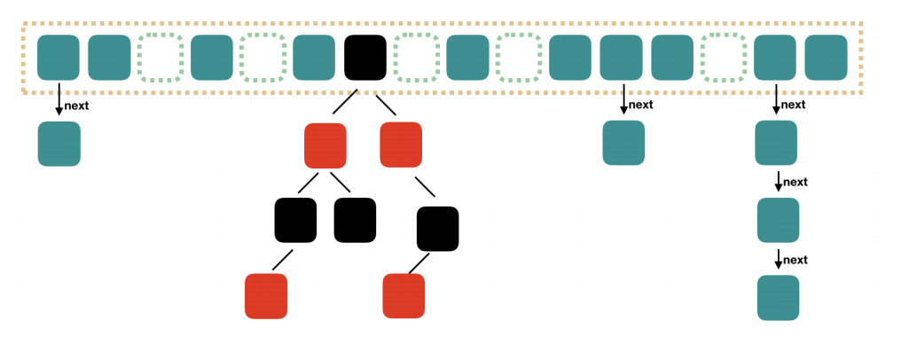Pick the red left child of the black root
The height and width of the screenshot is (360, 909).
point(325,145)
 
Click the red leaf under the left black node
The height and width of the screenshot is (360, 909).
point(266,296)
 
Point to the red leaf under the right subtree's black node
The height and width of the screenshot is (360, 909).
point(404,296)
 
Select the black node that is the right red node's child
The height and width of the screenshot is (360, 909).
point(437,228)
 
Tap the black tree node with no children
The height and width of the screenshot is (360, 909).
point(355,221)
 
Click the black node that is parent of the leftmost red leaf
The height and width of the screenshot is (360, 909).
point(295,221)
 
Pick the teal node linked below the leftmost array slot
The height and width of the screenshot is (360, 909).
point(59,144)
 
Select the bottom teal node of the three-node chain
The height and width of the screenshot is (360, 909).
point(778,298)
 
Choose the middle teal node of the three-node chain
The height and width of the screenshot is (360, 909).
point(778,221)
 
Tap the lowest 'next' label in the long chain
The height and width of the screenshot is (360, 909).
point(795,260)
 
